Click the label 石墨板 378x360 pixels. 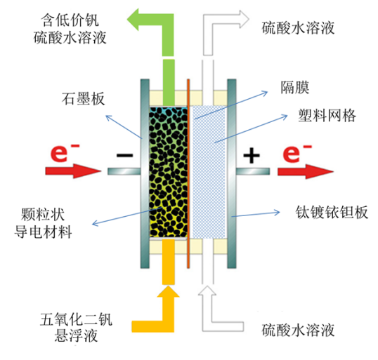84,98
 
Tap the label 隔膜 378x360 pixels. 295,87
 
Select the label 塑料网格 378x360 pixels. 327,116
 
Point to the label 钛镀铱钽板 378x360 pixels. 332,212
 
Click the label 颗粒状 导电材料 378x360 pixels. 43,223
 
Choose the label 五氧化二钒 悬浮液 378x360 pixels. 76,327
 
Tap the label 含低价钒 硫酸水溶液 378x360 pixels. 70,29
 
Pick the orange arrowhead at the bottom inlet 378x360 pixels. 168,291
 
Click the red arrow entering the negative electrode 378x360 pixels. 73,171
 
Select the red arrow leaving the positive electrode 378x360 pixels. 306,171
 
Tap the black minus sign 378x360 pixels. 124,155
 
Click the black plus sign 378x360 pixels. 252,155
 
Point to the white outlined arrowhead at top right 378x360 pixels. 245,19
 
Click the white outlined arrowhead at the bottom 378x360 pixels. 207,291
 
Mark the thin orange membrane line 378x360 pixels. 188,173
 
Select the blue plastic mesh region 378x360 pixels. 208,172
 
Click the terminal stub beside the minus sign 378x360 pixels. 124,171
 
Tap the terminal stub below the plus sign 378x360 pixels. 253,171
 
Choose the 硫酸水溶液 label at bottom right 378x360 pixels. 298,330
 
